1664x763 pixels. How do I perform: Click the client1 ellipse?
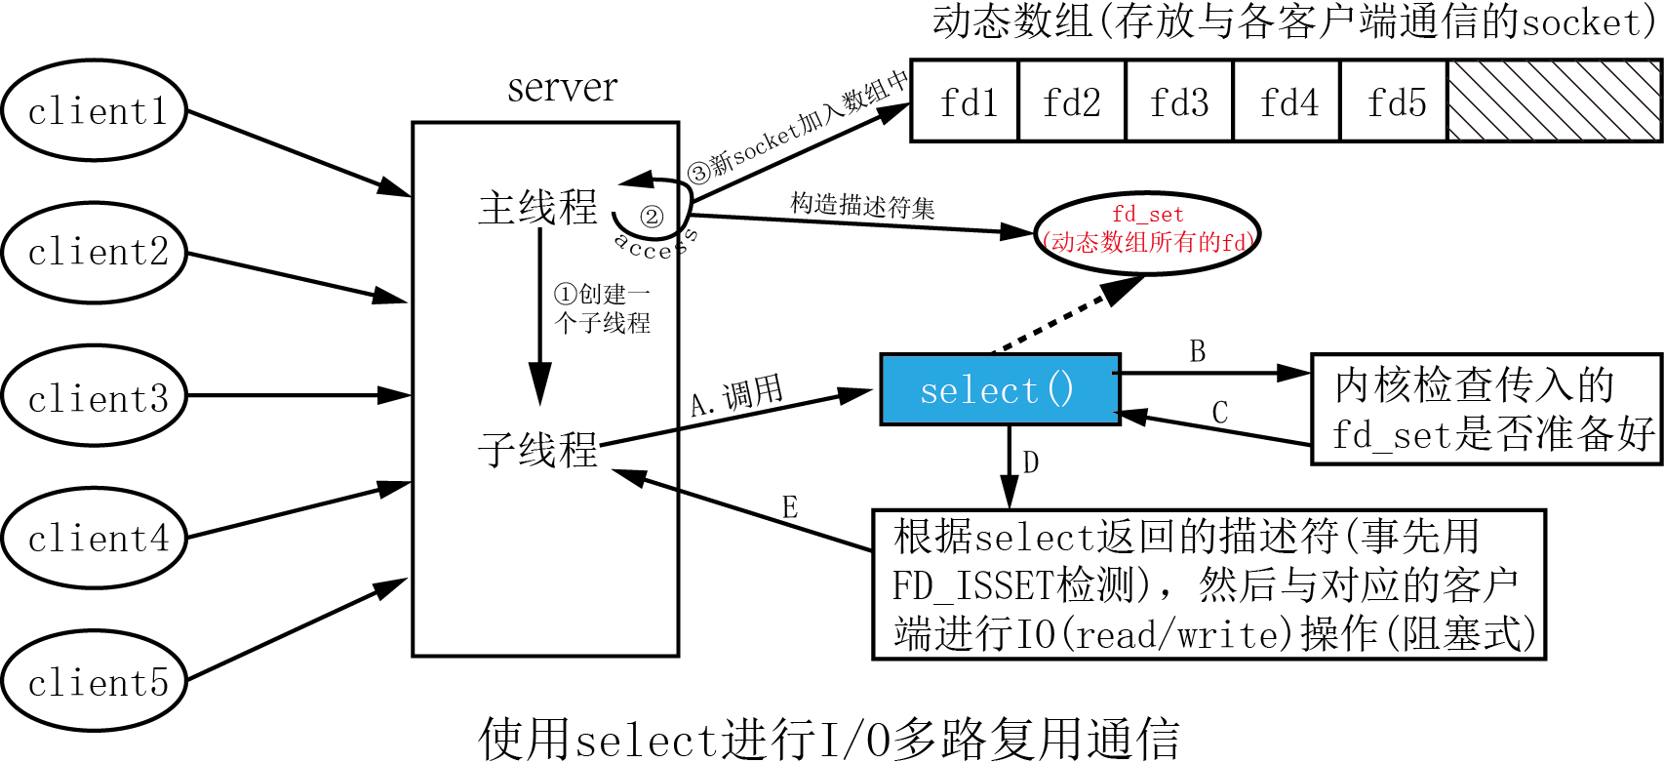(95, 110)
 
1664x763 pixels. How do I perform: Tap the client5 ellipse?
(95, 681)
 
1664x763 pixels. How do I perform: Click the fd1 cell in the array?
(965, 101)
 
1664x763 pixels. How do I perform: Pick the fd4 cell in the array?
(1287, 101)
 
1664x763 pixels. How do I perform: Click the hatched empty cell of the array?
(1554, 101)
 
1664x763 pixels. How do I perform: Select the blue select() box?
(1000, 389)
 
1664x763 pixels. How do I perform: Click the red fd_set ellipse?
(1147, 232)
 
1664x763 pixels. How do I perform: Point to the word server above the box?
(562, 88)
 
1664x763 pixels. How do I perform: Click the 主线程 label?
(537, 208)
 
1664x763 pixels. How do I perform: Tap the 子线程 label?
(537, 450)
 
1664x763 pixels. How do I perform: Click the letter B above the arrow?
(1198, 351)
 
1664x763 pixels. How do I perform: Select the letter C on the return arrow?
(1219, 413)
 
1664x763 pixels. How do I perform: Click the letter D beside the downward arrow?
(1030, 462)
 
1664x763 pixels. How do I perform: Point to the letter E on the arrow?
(789, 507)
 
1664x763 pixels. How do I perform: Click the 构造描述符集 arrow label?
(862, 206)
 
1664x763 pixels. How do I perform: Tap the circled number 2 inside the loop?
(651, 217)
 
